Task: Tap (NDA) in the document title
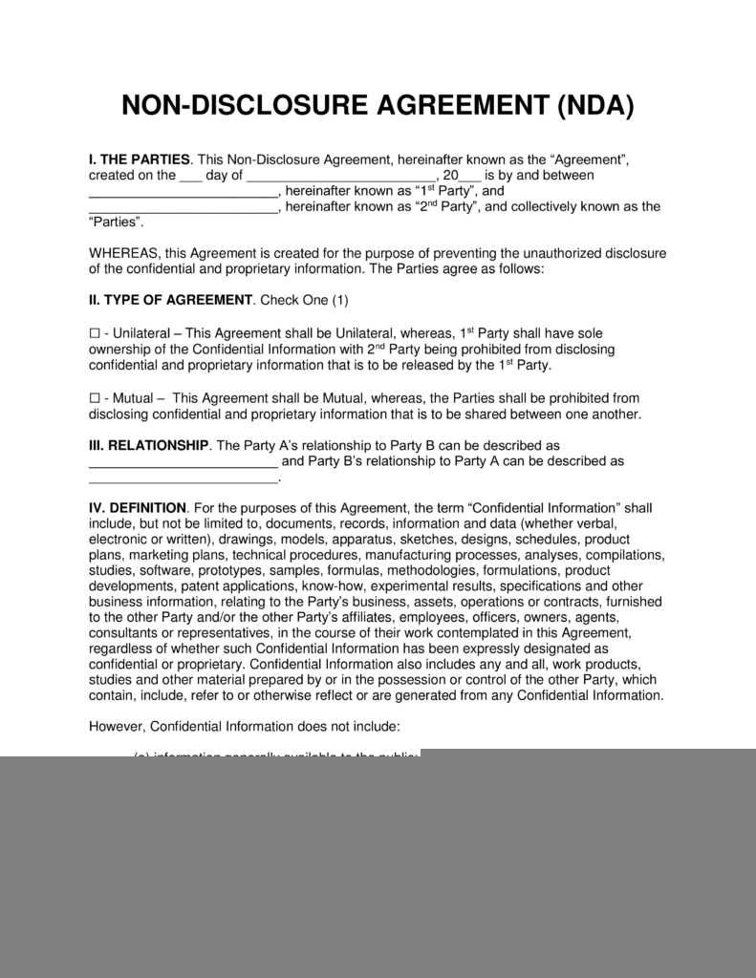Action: (595, 106)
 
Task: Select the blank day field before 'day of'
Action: (191, 176)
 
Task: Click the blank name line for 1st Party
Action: (183, 191)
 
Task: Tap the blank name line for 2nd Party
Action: (183, 206)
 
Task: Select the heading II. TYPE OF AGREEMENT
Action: (170, 300)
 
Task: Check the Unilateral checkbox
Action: (94, 333)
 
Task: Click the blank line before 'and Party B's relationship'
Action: (183, 461)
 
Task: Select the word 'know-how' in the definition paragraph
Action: (328, 585)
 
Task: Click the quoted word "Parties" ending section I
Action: (115, 222)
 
